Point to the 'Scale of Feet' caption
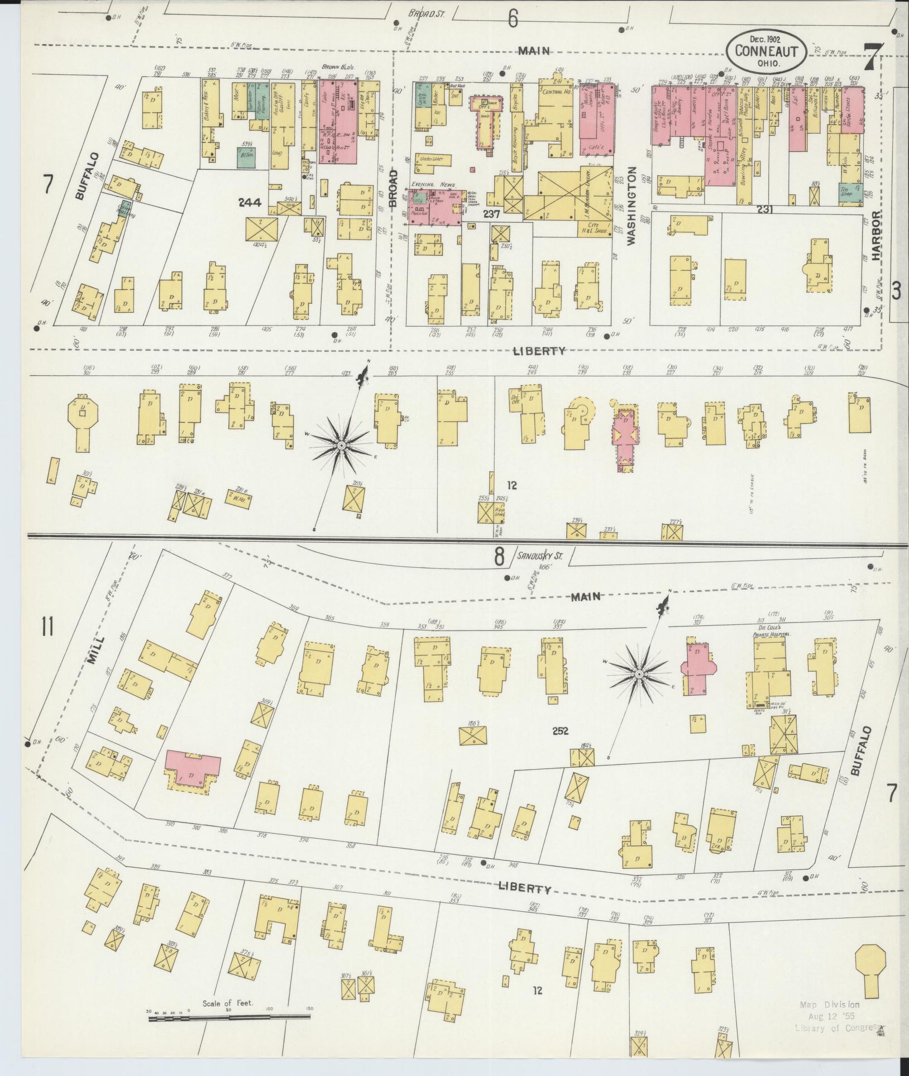[228, 1003]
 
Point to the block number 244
[249, 203]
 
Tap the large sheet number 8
[499, 557]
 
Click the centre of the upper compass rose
[341, 445]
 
